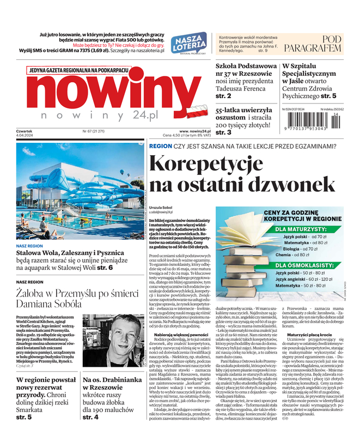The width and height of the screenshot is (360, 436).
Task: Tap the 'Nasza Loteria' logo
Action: coord(188,42)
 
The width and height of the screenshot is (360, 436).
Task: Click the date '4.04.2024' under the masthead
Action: coord(25,136)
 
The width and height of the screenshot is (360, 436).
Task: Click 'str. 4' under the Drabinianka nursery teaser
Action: coord(90,417)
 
